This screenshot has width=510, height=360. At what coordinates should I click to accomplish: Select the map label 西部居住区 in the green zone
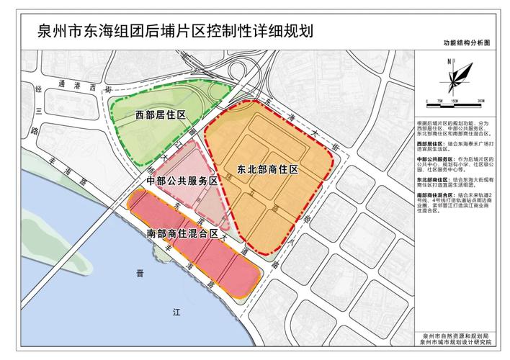(160, 115)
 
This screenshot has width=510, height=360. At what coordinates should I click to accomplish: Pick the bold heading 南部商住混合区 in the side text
(437, 194)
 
